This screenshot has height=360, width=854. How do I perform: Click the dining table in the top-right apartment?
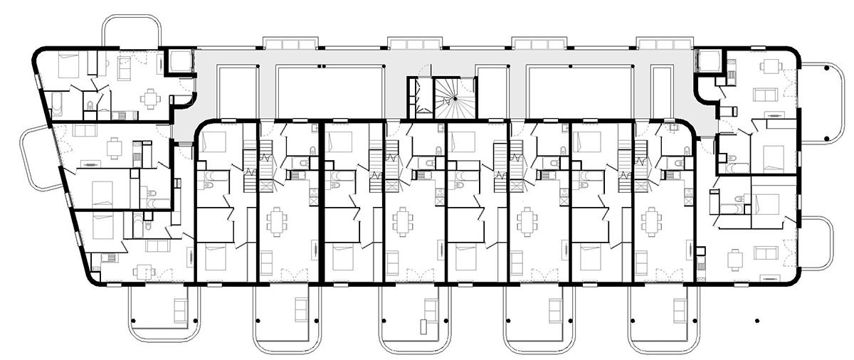(x=770, y=68)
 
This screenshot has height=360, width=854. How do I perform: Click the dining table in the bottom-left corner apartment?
(x=144, y=270)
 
